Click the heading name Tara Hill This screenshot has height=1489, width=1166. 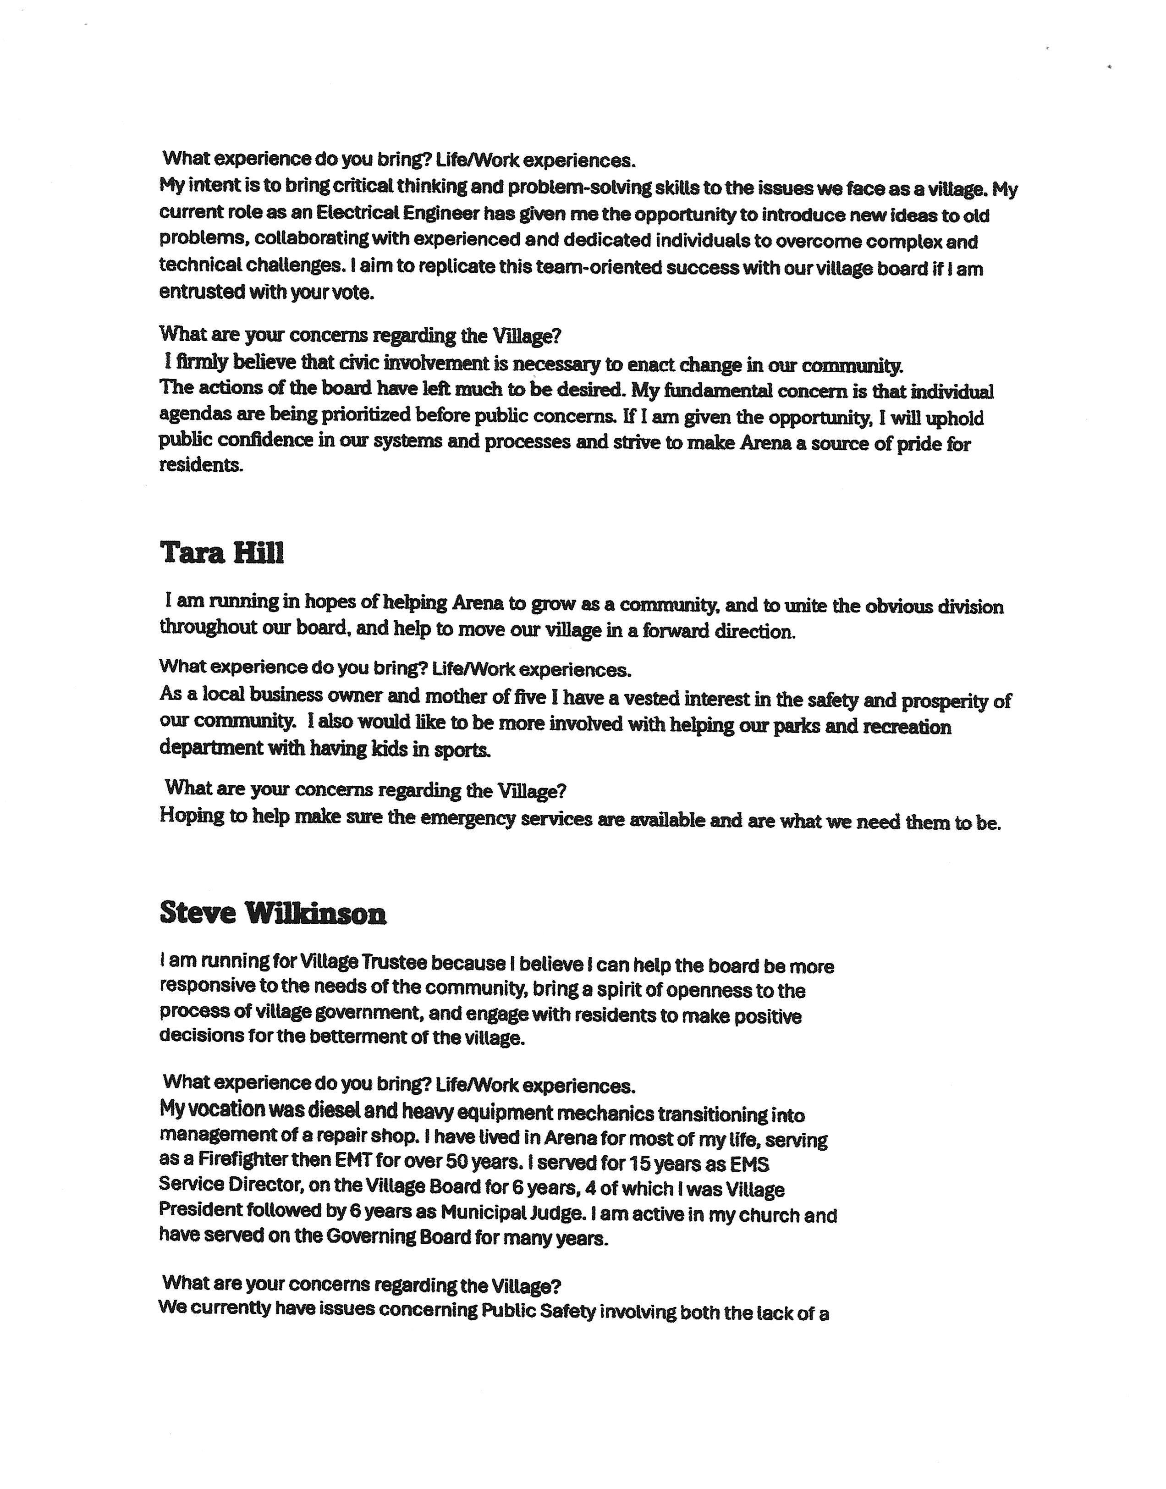[x=222, y=553]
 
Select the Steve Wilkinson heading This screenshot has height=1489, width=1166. [x=273, y=914]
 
